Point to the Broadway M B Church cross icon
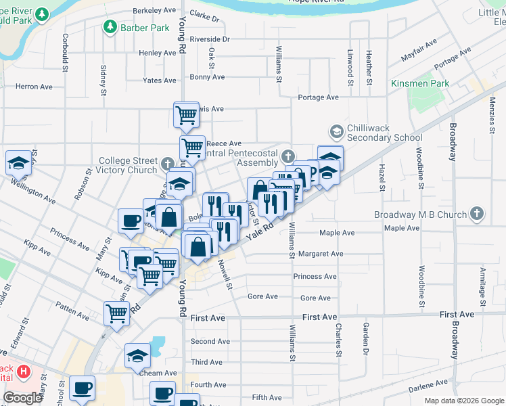tap(478, 215)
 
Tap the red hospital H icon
tap(24, 371)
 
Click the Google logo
tap(22, 398)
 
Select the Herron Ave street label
tap(34, 87)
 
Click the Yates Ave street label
tap(160, 81)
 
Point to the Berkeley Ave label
tap(154, 11)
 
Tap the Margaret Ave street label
tap(322, 254)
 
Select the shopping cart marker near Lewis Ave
tap(186, 114)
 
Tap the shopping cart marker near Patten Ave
tap(117, 313)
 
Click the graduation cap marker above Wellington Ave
tap(19, 162)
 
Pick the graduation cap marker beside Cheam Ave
tap(137, 355)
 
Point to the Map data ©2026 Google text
tap(463, 401)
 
